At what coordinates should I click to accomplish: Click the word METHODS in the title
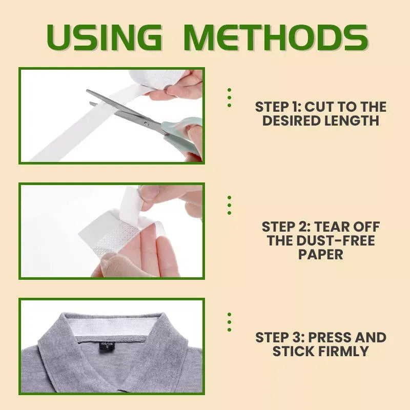coord(275,37)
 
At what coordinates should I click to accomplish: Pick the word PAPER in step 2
coord(320,254)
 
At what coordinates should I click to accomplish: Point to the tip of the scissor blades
coord(88,92)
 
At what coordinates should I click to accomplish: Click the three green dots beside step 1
coord(229,97)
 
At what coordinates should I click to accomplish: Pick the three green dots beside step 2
coord(229,205)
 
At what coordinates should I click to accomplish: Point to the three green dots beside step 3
coord(229,322)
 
